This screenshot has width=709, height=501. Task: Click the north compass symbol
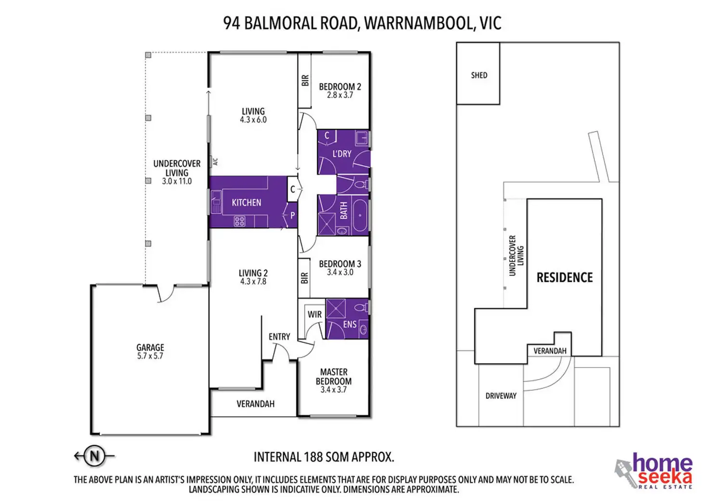click(x=94, y=456)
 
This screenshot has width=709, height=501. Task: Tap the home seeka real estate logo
click(x=654, y=471)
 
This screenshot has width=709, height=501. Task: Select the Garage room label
click(x=150, y=347)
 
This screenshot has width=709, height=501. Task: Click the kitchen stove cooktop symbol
click(x=239, y=221)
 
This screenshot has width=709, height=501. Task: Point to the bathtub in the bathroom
click(x=360, y=215)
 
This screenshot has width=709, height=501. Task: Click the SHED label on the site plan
click(x=479, y=75)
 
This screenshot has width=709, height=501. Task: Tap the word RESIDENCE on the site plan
click(x=565, y=277)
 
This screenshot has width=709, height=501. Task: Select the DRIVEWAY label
click(x=501, y=396)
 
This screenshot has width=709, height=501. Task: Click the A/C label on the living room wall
click(x=216, y=162)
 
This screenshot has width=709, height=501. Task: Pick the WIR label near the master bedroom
click(x=315, y=314)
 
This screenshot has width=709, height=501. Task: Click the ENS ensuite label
click(x=350, y=324)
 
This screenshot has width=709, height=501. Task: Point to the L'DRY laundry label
click(x=342, y=154)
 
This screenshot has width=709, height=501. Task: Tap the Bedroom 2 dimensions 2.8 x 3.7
click(x=340, y=95)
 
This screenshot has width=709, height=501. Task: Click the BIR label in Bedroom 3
click(x=304, y=278)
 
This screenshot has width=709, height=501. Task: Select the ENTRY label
click(x=279, y=336)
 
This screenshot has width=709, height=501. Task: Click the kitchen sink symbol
click(x=216, y=202)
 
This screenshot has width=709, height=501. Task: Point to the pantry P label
click(x=293, y=215)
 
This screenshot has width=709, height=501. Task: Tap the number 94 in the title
click(x=231, y=23)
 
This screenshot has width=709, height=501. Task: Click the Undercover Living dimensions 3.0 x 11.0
click(x=177, y=181)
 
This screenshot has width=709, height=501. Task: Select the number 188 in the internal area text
click(x=314, y=457)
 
